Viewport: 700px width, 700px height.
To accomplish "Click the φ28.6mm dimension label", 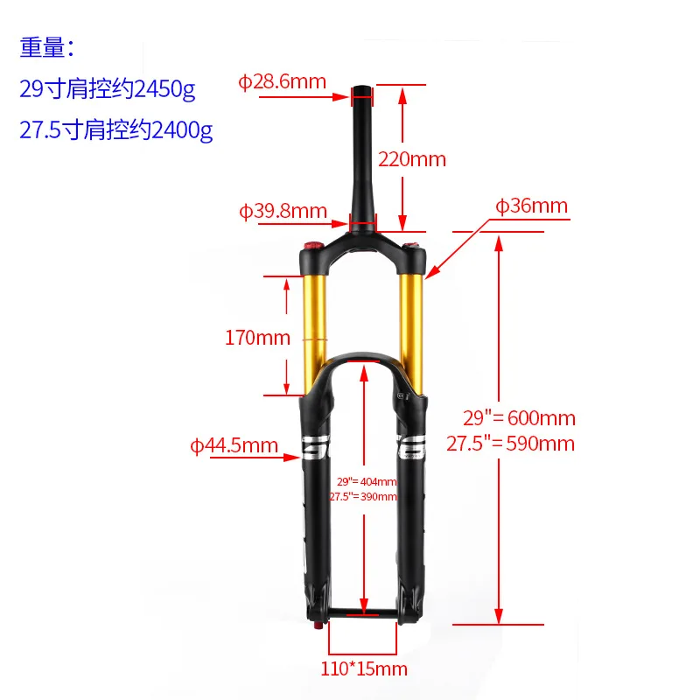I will coord(282,82).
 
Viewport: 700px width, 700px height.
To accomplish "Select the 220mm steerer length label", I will coord(411,159).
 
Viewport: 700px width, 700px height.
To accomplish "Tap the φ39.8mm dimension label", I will coord(283,211).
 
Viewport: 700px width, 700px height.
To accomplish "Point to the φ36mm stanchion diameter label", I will coord(531,206).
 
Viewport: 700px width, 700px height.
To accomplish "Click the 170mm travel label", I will coord(257,337).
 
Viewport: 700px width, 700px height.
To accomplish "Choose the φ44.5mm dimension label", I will coord(234,446).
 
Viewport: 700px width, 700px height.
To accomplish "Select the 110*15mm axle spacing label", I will coord(363,669).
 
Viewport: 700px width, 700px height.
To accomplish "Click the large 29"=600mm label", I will coord(511,418).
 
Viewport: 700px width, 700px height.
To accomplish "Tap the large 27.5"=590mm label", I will coord(511,444).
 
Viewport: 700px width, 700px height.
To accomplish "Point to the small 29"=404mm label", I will coord(367,482).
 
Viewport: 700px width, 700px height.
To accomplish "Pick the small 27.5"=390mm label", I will coord(363,496).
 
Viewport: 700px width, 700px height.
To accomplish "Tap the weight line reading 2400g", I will coord(115,130).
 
